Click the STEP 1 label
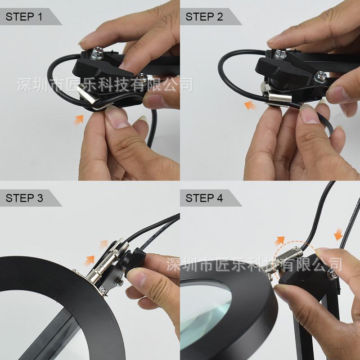click(x=24, y=17)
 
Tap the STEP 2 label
click(x=204, y=17)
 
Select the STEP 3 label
click(x=24, y=198)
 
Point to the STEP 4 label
click(x=204, y=198)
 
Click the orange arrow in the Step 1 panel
click(x=79, y=120)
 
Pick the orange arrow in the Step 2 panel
click(x=250, y=106)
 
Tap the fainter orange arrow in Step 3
click(x=103, y=244)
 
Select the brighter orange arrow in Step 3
click(x=89, y=261)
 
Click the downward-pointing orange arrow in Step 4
click(x=338, y=234)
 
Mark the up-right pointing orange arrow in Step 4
click(x=279, y=241)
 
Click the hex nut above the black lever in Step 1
click(x=97, y=53)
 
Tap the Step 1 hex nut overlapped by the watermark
click(x=142, y=78)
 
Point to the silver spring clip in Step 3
click(x=108, y=262)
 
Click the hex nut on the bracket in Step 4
click(x=332, y=274)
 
